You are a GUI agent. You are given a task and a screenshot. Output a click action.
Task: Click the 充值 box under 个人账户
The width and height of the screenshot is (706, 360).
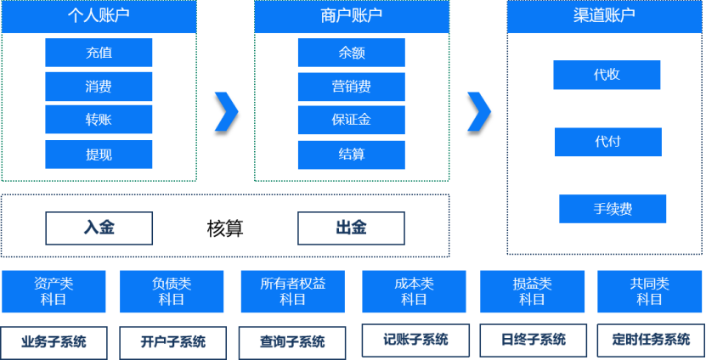[99, 53]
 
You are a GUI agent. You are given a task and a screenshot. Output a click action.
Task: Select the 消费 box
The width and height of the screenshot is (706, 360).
[99, 87]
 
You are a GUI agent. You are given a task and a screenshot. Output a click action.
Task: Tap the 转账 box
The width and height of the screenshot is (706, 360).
[99, 120]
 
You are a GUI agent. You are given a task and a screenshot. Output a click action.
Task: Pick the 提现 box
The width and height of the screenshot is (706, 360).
[99, 154]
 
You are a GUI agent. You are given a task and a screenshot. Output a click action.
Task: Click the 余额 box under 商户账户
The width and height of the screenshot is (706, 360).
[351, 53]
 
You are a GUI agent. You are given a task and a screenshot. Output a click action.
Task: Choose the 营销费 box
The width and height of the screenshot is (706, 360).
[351, 87]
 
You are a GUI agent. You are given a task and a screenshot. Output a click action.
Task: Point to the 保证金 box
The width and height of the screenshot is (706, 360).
[351, 120]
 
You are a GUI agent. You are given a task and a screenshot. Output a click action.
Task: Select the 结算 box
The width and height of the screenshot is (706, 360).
[351, 154]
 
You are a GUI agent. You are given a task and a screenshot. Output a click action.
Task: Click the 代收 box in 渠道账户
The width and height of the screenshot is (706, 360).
[607, 75]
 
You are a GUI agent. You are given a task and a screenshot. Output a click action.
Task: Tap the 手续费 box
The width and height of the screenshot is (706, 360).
[612, 209]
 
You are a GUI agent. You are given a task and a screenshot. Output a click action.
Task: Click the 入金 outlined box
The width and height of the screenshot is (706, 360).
[99, 228]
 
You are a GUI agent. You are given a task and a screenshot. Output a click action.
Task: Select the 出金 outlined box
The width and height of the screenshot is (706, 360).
[351, 228]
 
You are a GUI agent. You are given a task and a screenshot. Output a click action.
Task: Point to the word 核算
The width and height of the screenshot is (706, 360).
[225, 228]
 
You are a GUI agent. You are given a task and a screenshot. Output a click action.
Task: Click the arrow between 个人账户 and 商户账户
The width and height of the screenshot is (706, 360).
[226, 111]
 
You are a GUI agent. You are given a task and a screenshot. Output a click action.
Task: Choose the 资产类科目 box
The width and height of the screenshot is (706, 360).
[54, 291]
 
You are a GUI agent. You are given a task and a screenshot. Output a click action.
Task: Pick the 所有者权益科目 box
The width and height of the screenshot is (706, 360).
[292, 291]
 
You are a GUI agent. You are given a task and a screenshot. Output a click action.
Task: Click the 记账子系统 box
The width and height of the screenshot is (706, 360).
[415, 340]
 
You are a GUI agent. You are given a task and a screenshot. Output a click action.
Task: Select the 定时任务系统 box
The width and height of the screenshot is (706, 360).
[651, 340]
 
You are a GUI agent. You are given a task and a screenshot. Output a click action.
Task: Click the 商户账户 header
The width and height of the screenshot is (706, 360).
[352, 15]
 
